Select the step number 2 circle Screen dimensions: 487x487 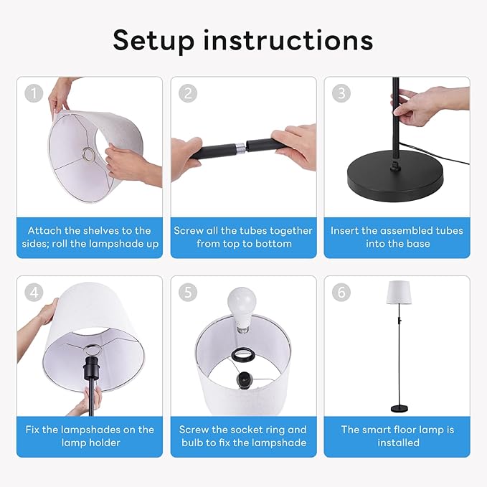click(186, 93)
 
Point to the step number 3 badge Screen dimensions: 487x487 click(341, 93)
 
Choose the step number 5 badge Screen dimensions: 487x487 click(186, 292)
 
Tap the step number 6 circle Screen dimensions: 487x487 click(341, 292)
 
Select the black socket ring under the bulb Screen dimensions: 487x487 click(242, 353)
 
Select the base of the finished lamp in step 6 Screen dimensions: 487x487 click(399, 408)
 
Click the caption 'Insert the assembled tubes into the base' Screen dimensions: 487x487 click(397, 237)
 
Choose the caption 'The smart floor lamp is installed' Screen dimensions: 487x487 click(398, 436)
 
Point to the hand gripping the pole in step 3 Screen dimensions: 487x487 click(430, 104)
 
